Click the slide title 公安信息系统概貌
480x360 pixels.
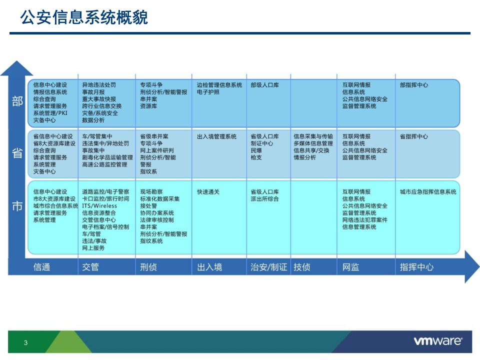[x=84, y=18]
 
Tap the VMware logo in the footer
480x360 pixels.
[x=437, y=341]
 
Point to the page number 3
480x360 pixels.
[x=26, y=342]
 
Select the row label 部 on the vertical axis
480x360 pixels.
[x=17, y=102]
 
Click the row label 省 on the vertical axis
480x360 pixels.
[x=17, y=153]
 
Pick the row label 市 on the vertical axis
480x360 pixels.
[x=17, y=205]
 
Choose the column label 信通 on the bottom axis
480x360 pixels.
[x=41, y=267]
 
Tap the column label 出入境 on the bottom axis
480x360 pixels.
[x=209, y=267]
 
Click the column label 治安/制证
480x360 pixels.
[x=268, y=267]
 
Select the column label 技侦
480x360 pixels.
[x=302, y=267]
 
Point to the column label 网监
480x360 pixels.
[x=350, y=267]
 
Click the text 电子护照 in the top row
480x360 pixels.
[x=208, y=92]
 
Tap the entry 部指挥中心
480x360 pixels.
[x=414, y=85]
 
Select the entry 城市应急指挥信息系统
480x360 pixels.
[x=428, y=191]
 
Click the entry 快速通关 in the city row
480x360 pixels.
[x=208, y=191]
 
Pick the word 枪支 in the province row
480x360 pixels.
[x=256, y=157]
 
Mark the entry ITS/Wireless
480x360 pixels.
[x=99, y=205]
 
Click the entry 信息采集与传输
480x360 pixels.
[x=313, y=136]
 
